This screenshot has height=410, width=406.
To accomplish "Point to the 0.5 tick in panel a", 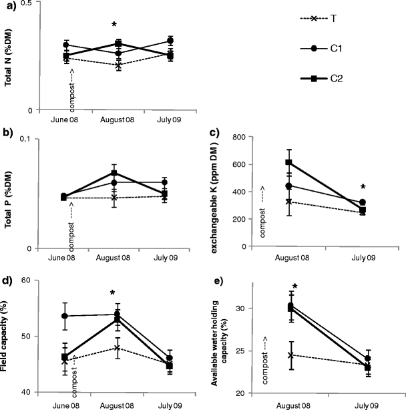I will (x=25, y=5).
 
